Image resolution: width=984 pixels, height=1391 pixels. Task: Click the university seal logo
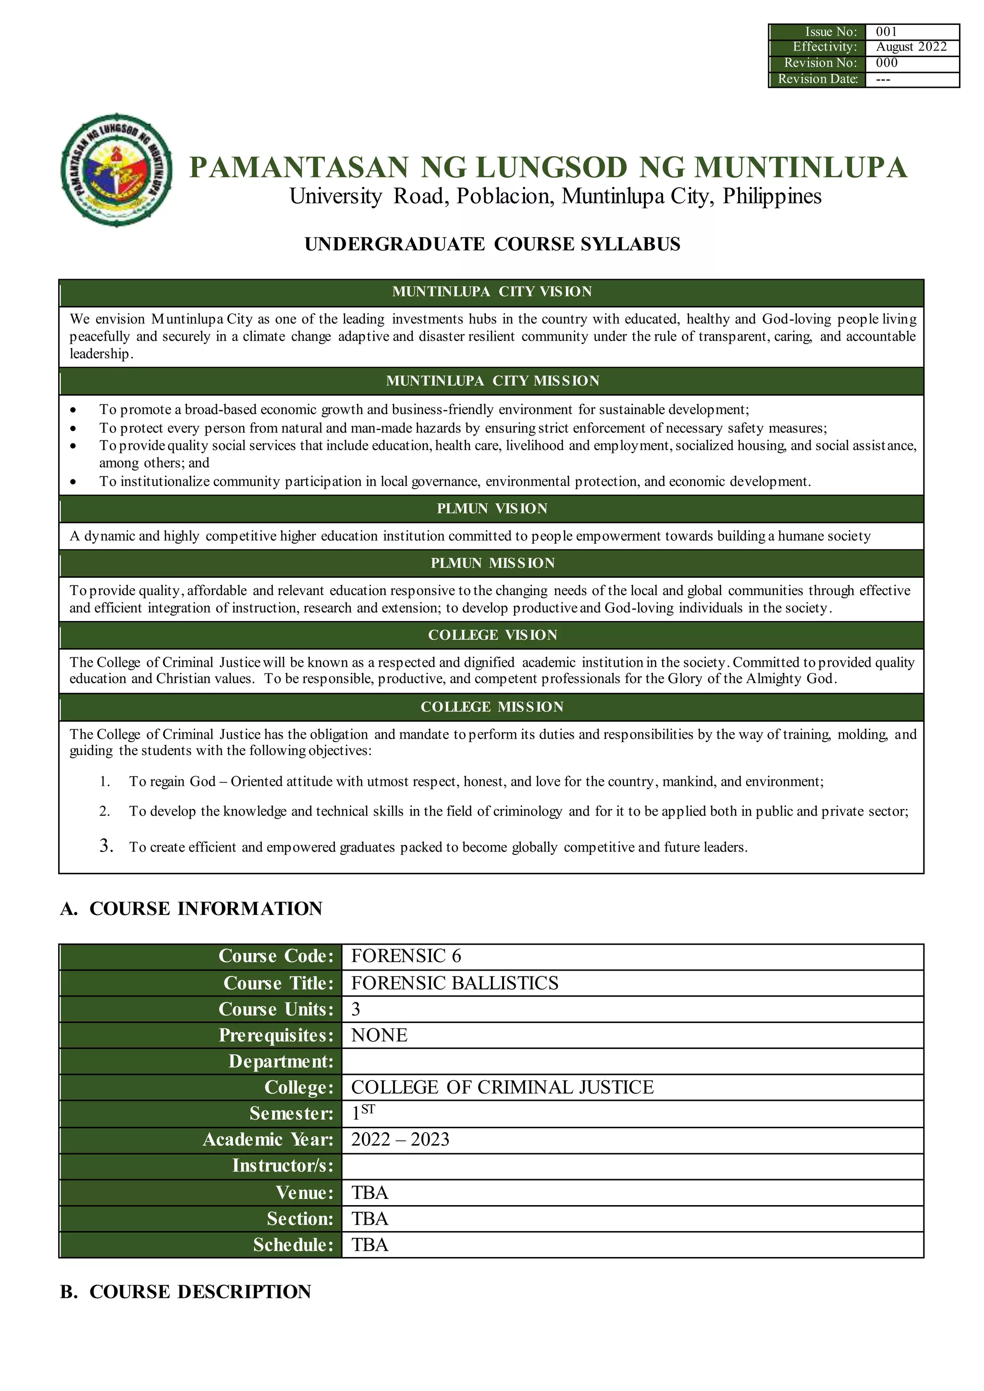click(x=116, y=170)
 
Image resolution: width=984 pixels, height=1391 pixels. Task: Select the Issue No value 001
click(x=886, y=32)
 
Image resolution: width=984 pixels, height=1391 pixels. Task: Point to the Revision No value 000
click(x=886, y=63)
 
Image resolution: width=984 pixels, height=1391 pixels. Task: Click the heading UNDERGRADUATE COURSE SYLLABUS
click(x=492, y=244)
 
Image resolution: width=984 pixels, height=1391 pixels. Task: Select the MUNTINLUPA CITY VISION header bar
click(x=492, y=292)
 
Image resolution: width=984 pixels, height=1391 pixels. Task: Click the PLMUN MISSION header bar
click(x=492, y=563)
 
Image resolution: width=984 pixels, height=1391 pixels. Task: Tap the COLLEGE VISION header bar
click(x=492, y=635)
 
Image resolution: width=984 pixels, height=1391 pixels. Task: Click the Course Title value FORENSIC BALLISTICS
click(x=455, y=983)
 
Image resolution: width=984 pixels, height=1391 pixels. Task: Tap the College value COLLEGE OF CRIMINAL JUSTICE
click(x=502, y=1087)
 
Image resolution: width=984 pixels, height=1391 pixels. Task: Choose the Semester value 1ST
click(x=362, y=1113)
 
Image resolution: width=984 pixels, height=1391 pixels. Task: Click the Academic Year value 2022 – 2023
click(x=400, y=1140)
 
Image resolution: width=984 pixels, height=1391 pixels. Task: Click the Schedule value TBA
click(x=369, y=1245)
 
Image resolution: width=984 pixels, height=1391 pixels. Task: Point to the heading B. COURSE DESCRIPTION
click(x=185, y=1292)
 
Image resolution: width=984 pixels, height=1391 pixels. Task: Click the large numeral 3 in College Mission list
click(x=106, y=846)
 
